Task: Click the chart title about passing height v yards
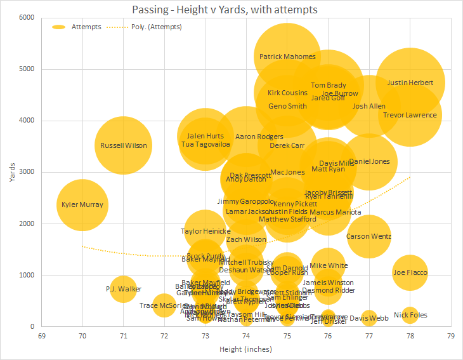pyautogui.click(x=225, y=10)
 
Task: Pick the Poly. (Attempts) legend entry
pyautogui.click(x=145, y=27)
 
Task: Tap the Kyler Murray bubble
pyautogui.click(x=82, y=205)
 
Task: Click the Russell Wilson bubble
pyautogui.click(x=124, y=145)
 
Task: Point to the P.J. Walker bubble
pyautogui.click(x=124, y=289)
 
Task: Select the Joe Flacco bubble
pyautogui.click(x=410, y=273)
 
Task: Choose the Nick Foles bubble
pyautogui.click(x=410, y=315)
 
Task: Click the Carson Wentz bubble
pyautogui.click(x=368, y=236)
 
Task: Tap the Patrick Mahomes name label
pyautogui.click(x=287, y=57)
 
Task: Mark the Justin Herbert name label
pyautogui.click(x=410, y=83)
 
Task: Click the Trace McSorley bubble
pyautogui.click(x=164, y=305)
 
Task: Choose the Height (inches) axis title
pyautogui.click(x=245, y=349)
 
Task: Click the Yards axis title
pyautogui.click(x=13, y=172)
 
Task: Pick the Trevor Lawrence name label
pyautogui.click(x=410, y=115)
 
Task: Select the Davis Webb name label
pyautogui.click(x=369, y=318)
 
